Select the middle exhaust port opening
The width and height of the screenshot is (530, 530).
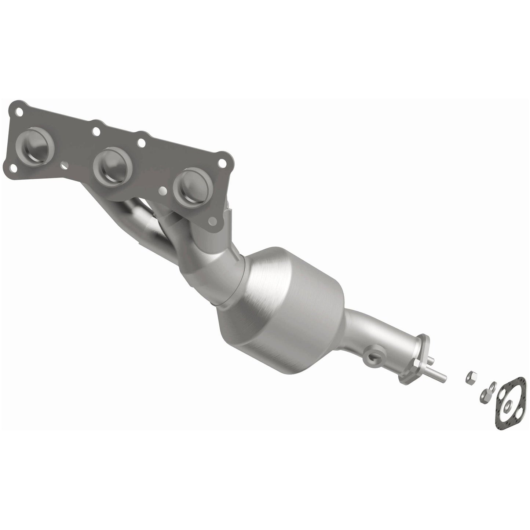(x=112, y=163)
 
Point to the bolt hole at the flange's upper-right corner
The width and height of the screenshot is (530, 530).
(x=222, y=161)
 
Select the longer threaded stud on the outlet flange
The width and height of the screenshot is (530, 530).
(x=436, y=374)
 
